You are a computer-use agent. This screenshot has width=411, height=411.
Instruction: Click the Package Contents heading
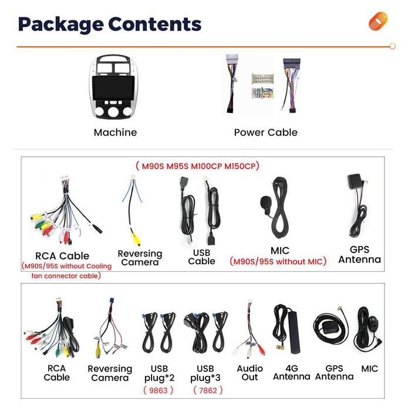(110, 24)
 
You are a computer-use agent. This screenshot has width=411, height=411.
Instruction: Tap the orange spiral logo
(378, 21)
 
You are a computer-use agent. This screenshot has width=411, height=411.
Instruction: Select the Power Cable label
(265, 132)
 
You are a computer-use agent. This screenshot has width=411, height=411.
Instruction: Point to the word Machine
(115, 132)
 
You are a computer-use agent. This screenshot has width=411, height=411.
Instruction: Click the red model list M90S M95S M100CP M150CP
(197, 166)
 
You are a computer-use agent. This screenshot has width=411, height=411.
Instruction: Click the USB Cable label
(201, 256)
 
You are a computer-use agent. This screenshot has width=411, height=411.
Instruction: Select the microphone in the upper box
(265, 203)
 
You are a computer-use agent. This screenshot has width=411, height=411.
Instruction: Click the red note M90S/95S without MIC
(278, 262)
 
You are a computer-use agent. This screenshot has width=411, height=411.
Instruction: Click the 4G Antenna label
(291, 372)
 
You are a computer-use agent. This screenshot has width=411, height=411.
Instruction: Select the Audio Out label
(250, 372)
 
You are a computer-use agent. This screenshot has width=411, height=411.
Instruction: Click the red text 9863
(159, 390)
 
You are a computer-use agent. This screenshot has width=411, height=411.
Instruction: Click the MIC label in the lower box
(370, 369)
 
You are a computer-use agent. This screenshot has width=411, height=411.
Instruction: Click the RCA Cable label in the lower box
(56, 372)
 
